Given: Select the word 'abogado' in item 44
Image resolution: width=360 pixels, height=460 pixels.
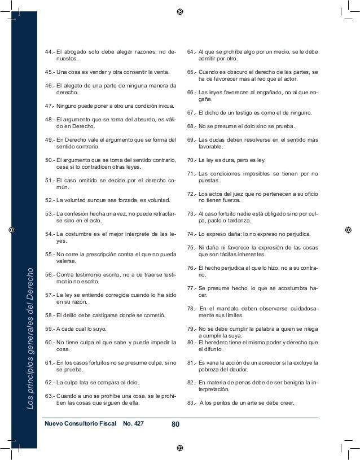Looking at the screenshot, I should click(x=75, y=52).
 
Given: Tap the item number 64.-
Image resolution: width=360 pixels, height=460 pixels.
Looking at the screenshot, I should click(x=191, y=52).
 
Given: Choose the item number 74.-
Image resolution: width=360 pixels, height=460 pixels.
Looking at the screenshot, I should click(x=191, y=234).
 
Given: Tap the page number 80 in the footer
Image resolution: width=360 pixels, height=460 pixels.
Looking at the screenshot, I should click(x=175, y=423).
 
